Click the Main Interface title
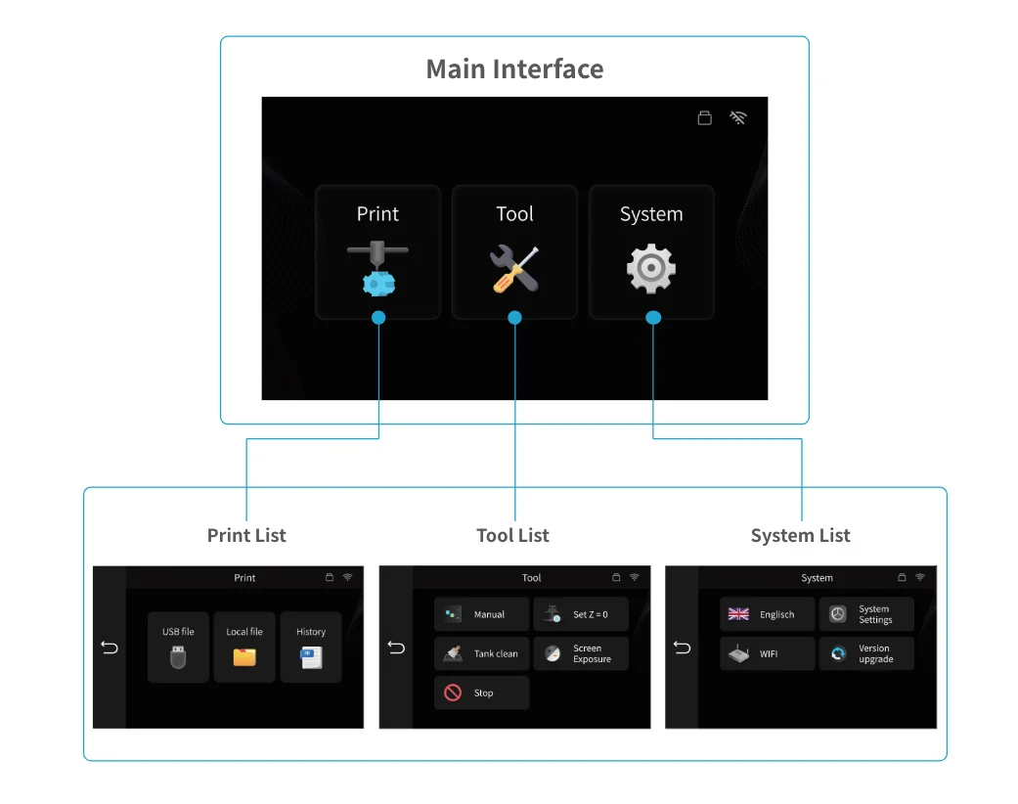click(x=514, y=69)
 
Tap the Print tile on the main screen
click(x=377, y=251)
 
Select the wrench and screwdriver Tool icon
click(x=514, y=269)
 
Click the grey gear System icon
click(x=651, y=269)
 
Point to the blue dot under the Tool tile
click(x=515, y=318)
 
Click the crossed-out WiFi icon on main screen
click(x=738, y=118)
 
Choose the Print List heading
click(x=246, y=535)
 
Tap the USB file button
click(x=178, y=647)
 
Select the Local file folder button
click(x=244, y=647)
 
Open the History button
click(x=311, y=647)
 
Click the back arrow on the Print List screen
click(x=110, y=648)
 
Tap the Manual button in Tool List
click(x=481, y=614)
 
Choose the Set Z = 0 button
click(x=581, y=614)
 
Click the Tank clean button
click(x=481, y=653)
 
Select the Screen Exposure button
click(x=581, y=653)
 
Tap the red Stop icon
click(x=453, y=692)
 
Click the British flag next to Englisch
click(x=739, y=614)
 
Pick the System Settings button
click(x=866, y=614)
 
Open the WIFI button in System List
click(x=767, y=653)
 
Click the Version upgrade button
click(x=866, y=653)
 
